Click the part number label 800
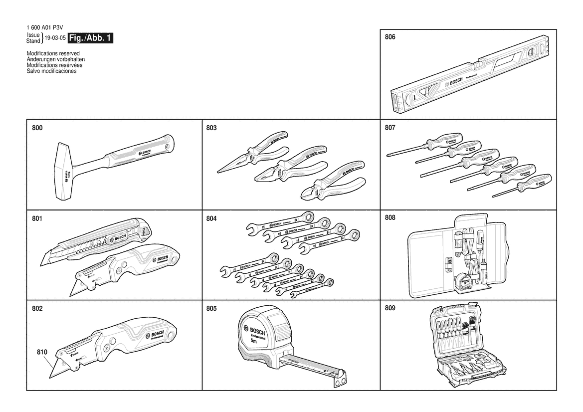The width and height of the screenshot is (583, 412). (x=37, y=128)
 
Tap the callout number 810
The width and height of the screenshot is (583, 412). (x=42, y=352)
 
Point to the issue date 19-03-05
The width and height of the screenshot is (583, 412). (x=55, y=38)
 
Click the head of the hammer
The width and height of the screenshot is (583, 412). (x=64, y=172)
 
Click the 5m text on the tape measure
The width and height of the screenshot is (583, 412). (x=255, y=342)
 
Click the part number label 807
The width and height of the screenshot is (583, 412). (x=390, y=128)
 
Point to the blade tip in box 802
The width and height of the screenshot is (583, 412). (x=51, y=374)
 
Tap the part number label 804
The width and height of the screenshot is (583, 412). (x=211, y=218)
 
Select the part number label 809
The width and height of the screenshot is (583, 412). (x=390, y=308)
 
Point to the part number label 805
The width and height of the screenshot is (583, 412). (x=211, y=308)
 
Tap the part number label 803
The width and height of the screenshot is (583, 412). (x=211, y=128)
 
